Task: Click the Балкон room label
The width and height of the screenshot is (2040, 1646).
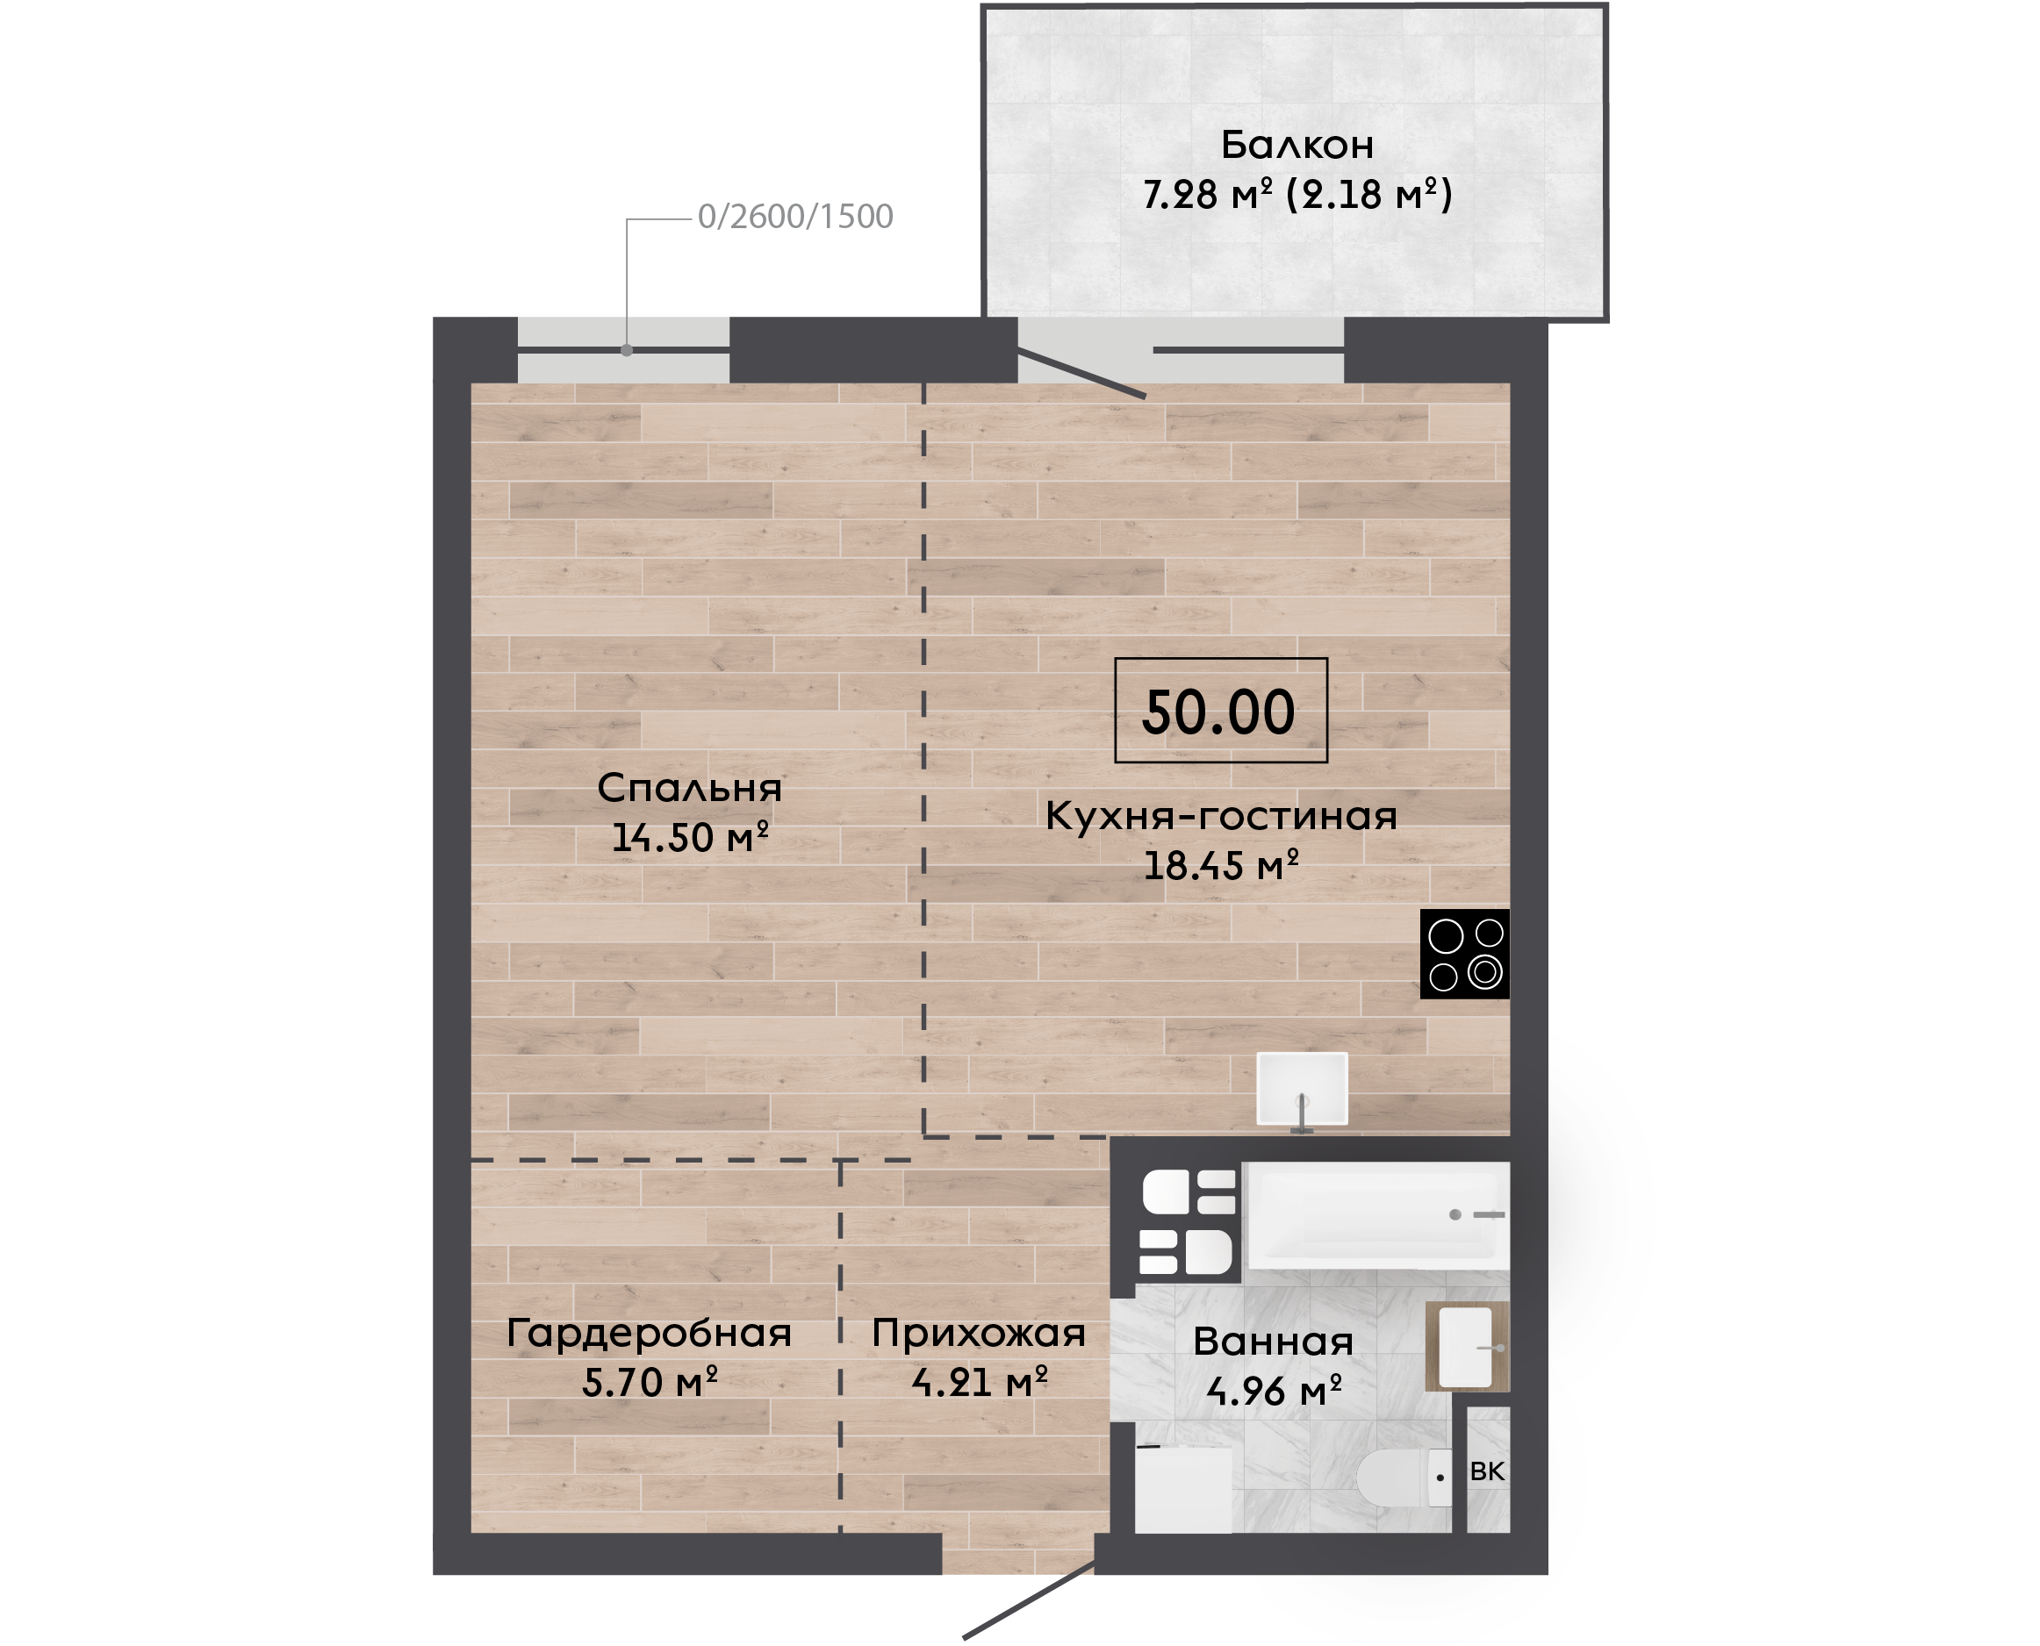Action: coord(1297,145)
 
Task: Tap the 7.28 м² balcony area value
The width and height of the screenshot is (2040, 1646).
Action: coord(1207,195)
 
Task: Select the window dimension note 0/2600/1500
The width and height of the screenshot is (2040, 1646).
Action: coord(794,217)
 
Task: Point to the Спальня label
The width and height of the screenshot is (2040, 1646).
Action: coord(689,788)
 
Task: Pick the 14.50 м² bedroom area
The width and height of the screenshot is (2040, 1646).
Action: coord(689,837)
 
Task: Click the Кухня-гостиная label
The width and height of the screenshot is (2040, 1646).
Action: coord(1222,815)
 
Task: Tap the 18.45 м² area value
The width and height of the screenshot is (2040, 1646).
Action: coord(1222,866)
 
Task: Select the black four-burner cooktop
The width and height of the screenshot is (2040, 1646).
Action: coord(1464,955)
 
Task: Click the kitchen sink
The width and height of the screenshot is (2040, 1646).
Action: coord(1302,1090)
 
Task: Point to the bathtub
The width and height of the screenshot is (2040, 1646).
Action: coord(1377,1215)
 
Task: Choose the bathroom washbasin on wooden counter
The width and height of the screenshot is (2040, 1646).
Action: coord(1467,1347)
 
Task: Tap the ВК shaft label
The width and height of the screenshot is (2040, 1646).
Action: coord(1487,1471)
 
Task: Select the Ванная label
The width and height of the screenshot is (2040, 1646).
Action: coord(1273,1342)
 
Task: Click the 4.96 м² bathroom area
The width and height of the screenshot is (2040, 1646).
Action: coord(1274,1391)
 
